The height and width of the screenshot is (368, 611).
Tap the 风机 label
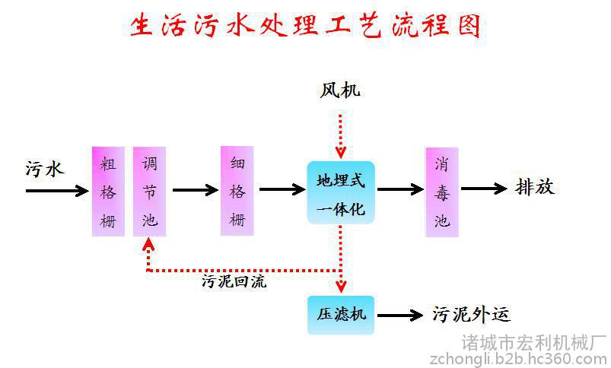(x=340, y=90)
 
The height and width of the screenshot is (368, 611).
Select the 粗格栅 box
(x=108, y=191)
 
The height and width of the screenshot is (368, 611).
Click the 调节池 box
(x=150, y=191)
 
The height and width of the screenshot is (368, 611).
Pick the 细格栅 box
(x=237, y=191)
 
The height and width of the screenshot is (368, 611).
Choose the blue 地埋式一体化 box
(x=341, y=192)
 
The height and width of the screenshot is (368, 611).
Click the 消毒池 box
(x=442, y=192)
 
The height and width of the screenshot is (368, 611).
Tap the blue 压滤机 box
(x=341, y=315)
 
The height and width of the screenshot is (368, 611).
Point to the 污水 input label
(x=44, y=169)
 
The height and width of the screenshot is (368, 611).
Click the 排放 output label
(x=535, y=187)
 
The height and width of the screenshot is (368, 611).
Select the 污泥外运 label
(x=471, y=314)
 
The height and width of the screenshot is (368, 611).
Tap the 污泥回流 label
(x=234, y=281)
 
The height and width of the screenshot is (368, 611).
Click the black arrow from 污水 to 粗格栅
(x=57, y=191)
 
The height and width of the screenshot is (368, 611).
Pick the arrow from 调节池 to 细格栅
(x=196, y=190)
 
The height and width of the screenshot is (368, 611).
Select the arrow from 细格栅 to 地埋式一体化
(x=282, y=189)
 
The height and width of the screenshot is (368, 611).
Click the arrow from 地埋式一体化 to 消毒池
(x=400, y=189)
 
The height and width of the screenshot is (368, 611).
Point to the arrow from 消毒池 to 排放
(x=485, y=189)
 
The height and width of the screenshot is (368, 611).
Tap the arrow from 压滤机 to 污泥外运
(x=400, y=315)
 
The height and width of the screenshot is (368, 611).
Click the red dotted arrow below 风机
(x=341, y=136)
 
